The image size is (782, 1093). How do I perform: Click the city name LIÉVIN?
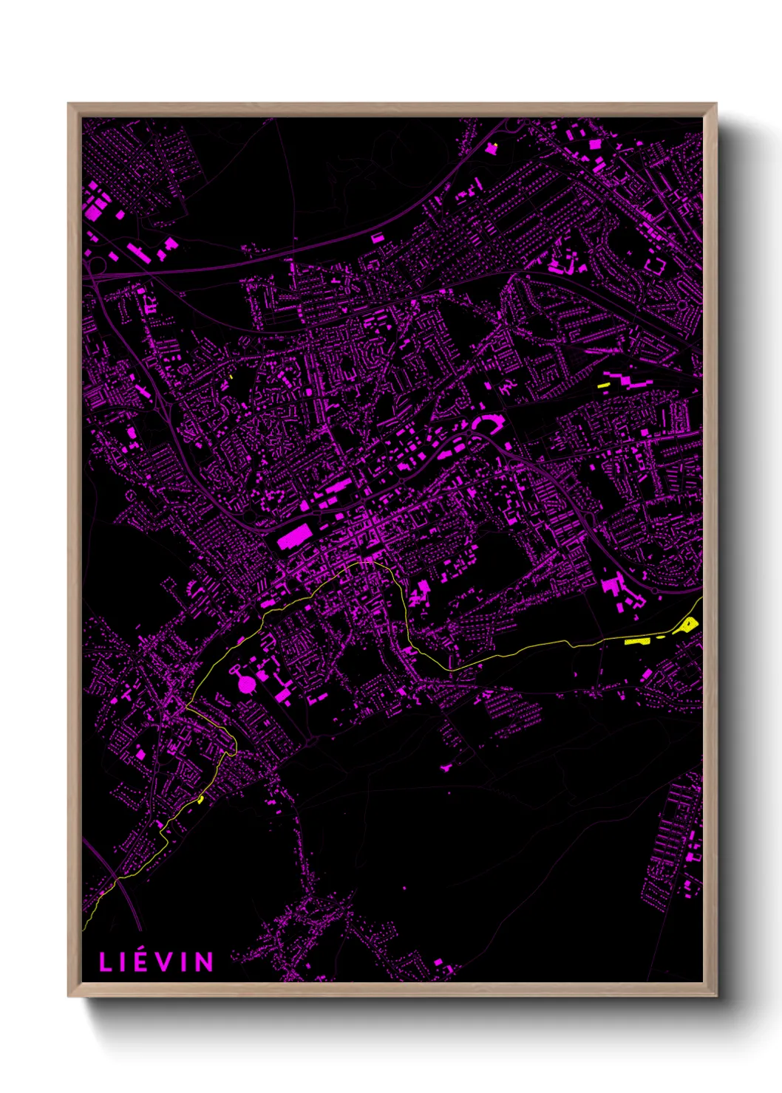157,962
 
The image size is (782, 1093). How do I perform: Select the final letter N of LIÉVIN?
205,962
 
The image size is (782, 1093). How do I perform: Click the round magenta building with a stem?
246,684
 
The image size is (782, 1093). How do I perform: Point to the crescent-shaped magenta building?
487,422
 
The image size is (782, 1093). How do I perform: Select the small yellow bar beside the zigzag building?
603,385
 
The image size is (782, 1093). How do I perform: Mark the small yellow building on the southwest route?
200,799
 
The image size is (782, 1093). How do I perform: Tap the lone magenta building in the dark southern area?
446,768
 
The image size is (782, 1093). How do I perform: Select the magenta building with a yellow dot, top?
492,148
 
